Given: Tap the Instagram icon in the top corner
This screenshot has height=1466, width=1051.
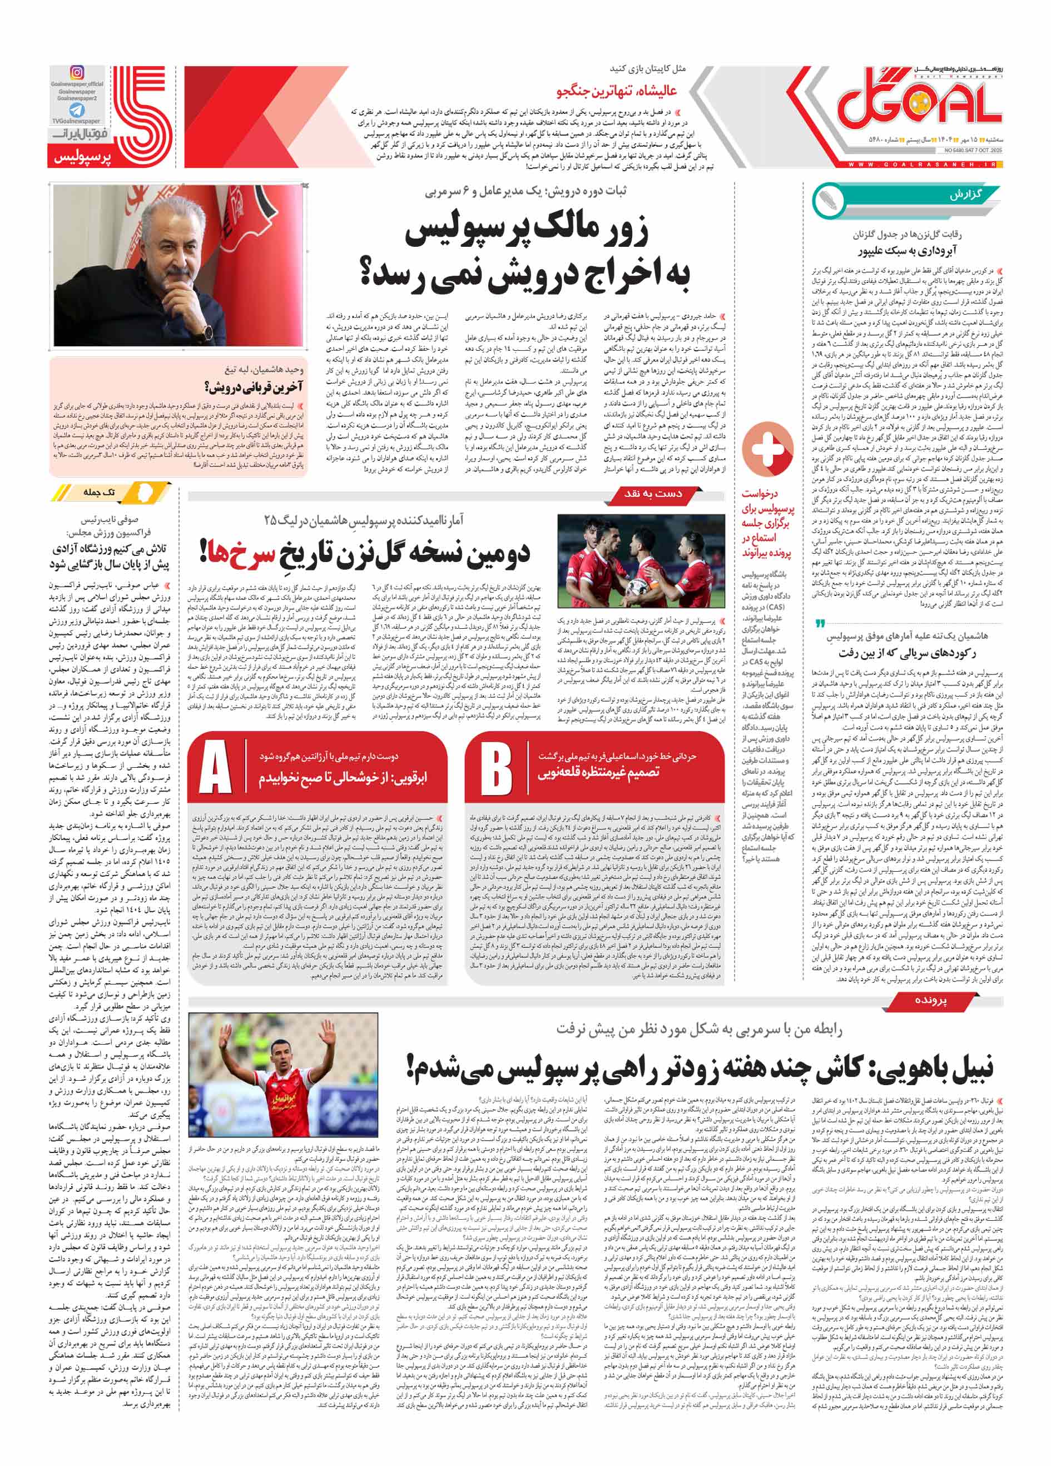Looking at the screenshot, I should pyautogui.click(x=77, y=73).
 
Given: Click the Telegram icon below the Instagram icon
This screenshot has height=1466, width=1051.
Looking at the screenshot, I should pyautogui.click(x=77, y=110).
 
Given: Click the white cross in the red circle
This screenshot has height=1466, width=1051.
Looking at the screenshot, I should pyautogui.click(x=767, y=448).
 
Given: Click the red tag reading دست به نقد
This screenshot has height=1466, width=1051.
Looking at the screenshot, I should pyautogui.click(x=653, y=494).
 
